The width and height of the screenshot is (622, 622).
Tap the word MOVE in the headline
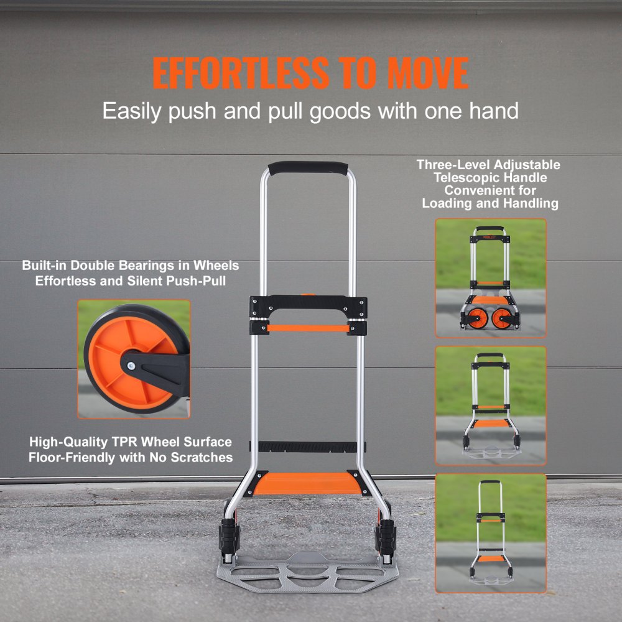click(428, 73)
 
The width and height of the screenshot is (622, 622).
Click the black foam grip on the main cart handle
click(307, 169)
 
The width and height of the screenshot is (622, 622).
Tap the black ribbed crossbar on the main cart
click(308, 447)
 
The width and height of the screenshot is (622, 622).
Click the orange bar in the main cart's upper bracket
click(308, 327)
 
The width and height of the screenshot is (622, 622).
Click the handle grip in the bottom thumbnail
click(490, 483)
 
